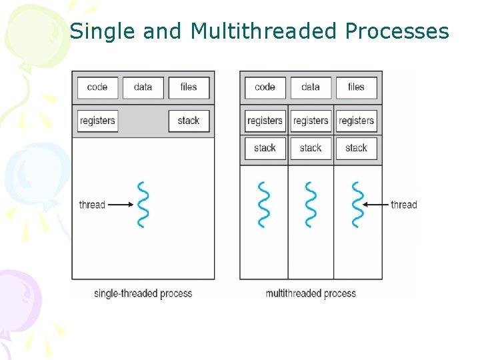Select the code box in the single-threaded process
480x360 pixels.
click(x=97, y=87)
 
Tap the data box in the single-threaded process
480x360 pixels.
click(x=143, y=87)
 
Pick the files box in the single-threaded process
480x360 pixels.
click(x=189, y=87)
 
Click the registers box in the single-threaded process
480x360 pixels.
click(x=97, y=121)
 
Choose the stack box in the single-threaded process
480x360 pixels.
click(x=189, y=121)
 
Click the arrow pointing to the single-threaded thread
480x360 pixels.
click(x=121, y=205)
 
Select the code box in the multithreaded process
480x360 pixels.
click(x=265, y=87)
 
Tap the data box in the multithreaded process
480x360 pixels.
click(x=311, y=87)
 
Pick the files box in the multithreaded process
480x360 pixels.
click(x=356, y=87)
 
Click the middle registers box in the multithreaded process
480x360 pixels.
click(x=311, y=121)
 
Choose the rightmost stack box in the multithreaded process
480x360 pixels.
click(x=356, y=148)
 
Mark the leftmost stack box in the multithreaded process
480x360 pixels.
click(x=265, y=148)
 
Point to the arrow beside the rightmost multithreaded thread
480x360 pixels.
click(x=377, y=205)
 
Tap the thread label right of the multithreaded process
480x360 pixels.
click(x=403, y=205)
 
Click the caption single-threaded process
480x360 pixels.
click(x=143, y=293)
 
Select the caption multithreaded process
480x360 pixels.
click(x=311, y=293)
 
